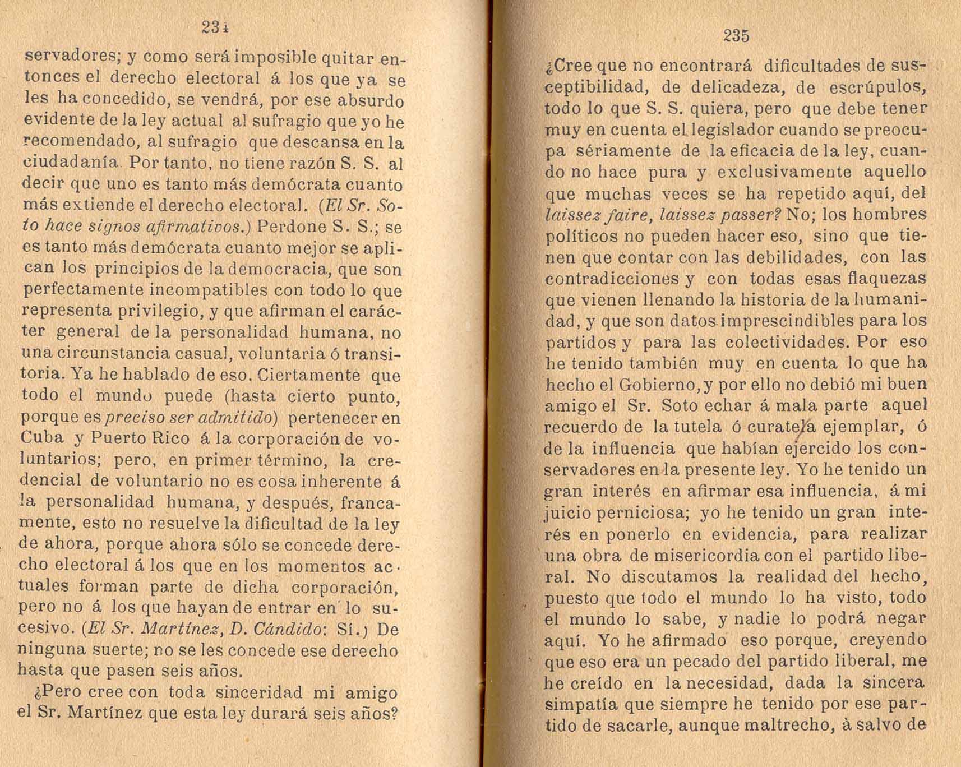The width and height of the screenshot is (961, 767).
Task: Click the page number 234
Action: pyautogui.click(x=215, y=27)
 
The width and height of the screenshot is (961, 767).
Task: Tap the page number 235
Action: pyautogui.click(x=736, y=36)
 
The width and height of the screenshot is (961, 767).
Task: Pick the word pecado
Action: pyautogui.click(x=708, y=662)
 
